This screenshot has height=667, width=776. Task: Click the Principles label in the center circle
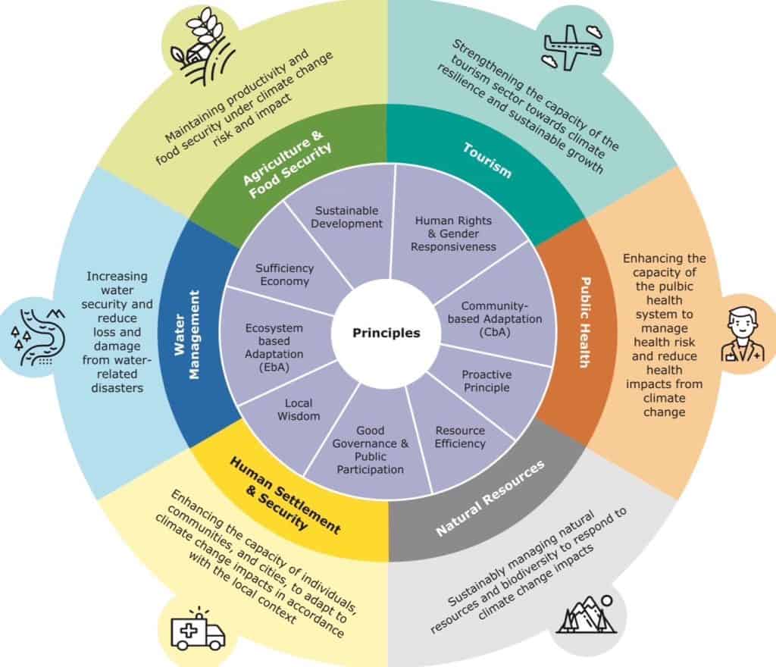pos(386,333)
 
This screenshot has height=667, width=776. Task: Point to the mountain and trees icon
pos(584,615)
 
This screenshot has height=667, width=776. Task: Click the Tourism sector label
pos(487,159)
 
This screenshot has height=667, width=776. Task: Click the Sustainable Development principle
pos(349,216)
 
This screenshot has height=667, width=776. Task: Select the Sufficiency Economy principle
pos(284,275)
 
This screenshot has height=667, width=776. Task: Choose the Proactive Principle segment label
pos(487,380)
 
